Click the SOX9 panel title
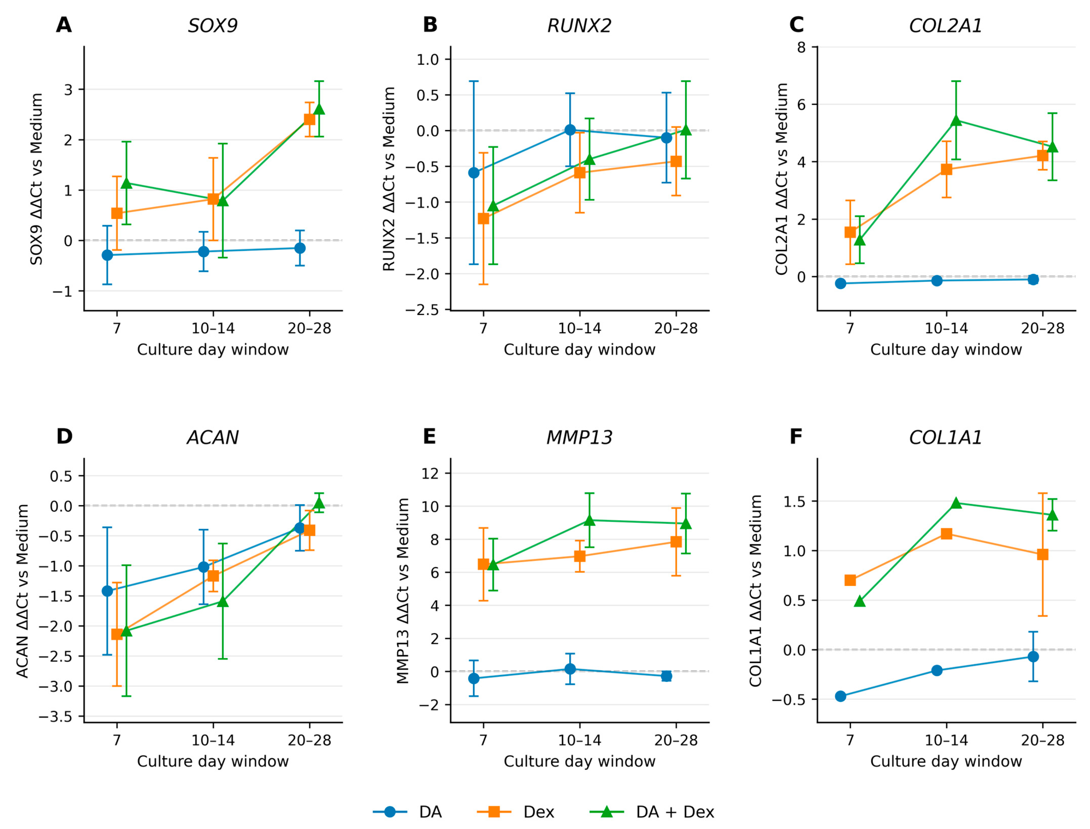coord(213,26)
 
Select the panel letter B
coord(430,25)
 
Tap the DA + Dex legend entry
coord(652,812)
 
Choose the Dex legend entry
coord(516,812)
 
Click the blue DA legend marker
coord(390,812)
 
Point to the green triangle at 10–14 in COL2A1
coord(956,120)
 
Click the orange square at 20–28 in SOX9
coord(310,119)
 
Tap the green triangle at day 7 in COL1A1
coord(860,601)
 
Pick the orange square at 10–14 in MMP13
coord(580,556)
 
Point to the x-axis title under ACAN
coord(213,761)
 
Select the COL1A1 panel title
coord(946,438)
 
